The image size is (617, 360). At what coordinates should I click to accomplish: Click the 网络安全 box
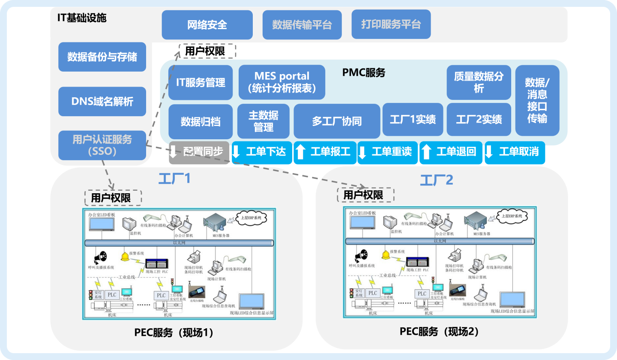pos(207,25)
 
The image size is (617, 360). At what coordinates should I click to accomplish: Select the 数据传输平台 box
pos(302,25)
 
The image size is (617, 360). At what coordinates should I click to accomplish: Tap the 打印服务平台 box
pos(391,24)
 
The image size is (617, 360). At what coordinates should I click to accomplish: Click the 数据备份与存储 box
pos(102,57)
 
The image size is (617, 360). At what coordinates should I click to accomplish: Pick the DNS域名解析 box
pos(102,102)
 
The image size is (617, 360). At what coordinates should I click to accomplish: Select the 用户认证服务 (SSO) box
pos(102,145)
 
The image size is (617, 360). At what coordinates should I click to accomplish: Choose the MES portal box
pos(282,82)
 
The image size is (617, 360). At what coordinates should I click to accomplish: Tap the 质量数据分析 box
pos(479,82)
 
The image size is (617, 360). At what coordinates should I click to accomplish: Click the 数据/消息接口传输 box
pos(537,100)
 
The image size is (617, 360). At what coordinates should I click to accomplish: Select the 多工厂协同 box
pos(337,121)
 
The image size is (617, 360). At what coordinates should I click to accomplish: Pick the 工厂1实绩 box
pos(413,120)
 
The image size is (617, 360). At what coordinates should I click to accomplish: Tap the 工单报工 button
pos(325,152)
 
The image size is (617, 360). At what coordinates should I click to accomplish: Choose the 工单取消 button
pos(515,152)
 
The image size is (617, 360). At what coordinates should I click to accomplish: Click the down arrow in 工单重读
pos(363,153)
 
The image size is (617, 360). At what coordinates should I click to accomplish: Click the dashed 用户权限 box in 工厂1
pos(113,198)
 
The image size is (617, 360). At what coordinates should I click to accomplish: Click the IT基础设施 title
pos(81,18)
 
